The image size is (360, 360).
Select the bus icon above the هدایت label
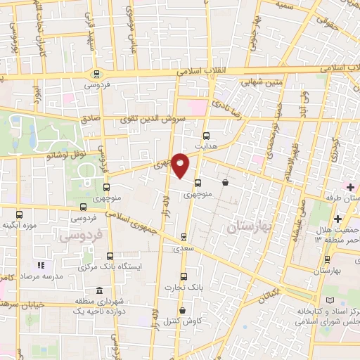pyautogui.click(x=206, y=136)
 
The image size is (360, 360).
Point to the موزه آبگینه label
pyautogui.click(x=20, y=226)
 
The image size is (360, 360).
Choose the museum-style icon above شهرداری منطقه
pyautogui.click(x=98, y=290)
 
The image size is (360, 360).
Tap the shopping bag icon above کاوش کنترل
pyautogui.click(x=183, y=310)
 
